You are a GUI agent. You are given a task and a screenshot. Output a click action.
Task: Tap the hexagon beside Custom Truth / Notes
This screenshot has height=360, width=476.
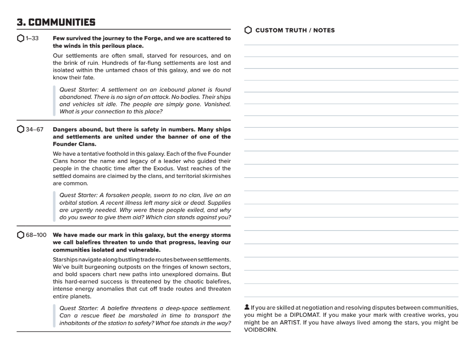(x=248, y=30)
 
